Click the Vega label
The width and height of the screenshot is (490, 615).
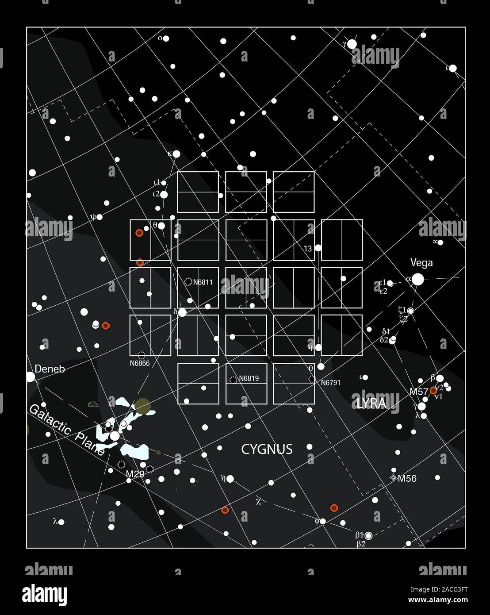click(421, 263)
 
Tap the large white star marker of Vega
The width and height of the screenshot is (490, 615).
click(417, 279)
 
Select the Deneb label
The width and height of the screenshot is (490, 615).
click(50, 369)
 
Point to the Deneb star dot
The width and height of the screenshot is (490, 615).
click(30, 377)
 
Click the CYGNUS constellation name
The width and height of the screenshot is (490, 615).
click(267, 450)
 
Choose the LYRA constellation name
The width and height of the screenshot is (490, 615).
click(371, 403)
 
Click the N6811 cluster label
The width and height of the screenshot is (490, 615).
click(203, 282)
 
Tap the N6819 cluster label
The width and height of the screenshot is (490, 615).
click(249, 379)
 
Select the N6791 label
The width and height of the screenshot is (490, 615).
click(330, 383)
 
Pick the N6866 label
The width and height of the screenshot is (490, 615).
click(140, 363)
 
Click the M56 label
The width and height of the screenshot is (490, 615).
click(407, 478)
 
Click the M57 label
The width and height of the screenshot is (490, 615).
click(418, 392)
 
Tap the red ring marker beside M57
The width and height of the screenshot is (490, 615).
click(433, 391)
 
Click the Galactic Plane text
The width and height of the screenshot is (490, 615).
click(67, 430)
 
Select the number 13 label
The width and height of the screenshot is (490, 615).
click(308, 249)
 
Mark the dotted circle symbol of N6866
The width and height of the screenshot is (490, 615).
click(142, 355)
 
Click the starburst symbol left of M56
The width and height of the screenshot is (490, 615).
click(393, 477)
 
